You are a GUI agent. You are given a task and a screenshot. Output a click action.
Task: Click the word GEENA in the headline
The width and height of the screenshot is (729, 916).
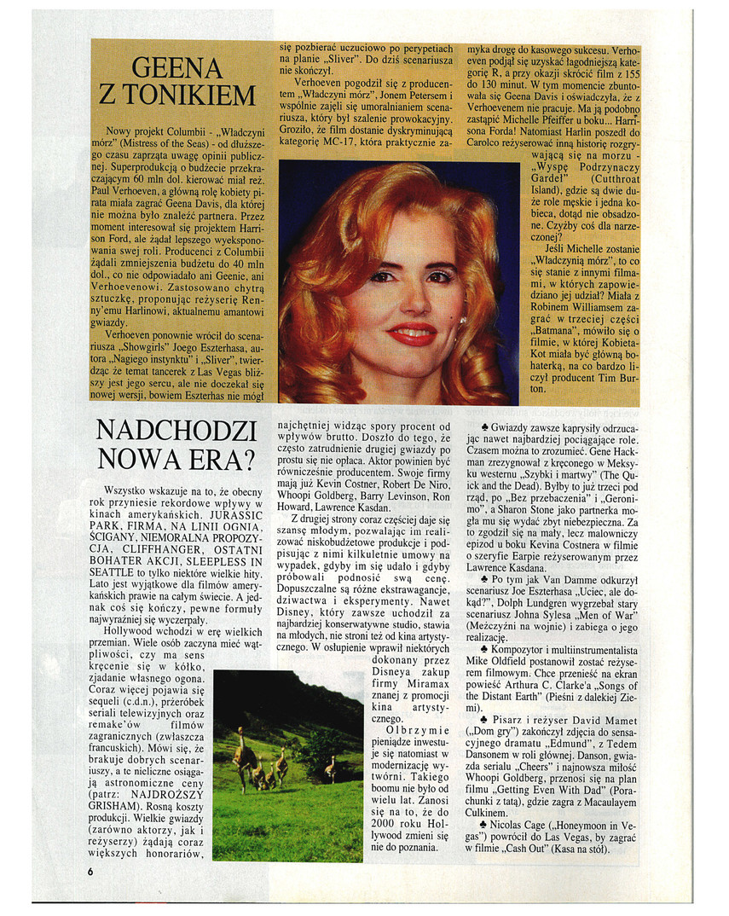[x=177, y=67]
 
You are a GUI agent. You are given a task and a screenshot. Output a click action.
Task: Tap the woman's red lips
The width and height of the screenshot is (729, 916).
[x=412, y=333]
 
